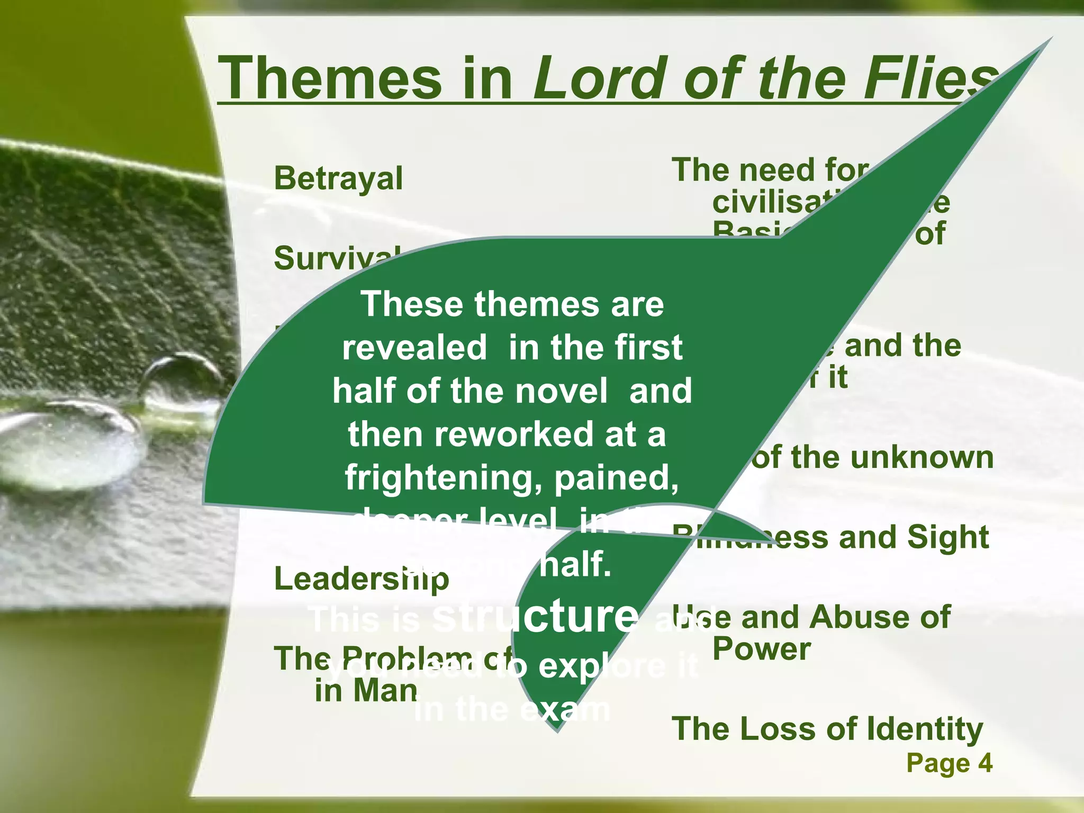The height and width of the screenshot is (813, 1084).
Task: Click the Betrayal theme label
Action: pos(338,178)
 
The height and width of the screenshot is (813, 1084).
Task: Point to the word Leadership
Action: pos(362,579)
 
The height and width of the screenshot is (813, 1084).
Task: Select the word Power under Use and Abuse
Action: pos(761,649)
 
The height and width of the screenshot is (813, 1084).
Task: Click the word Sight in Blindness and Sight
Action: pos(947,537)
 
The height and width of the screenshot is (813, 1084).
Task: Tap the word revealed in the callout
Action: pos(414,347)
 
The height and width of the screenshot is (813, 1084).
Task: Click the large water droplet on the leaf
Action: pos(69,445)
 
